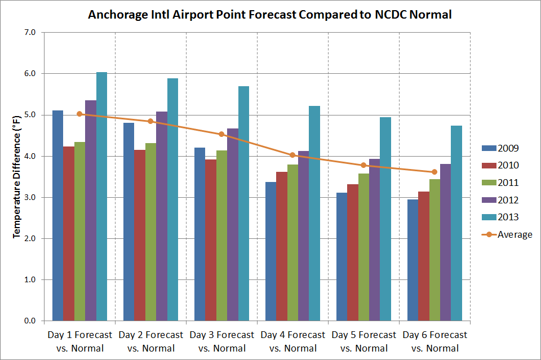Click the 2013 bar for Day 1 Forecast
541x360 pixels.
[x=101, y=197]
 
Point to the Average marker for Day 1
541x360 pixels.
[x=79, y=114]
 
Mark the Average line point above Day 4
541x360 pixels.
[x=292, y=155]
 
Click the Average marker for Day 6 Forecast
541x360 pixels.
[x=434, y=172]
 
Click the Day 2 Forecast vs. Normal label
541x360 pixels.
[x=151, y=341]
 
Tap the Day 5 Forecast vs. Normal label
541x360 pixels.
[x=363, y=341]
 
